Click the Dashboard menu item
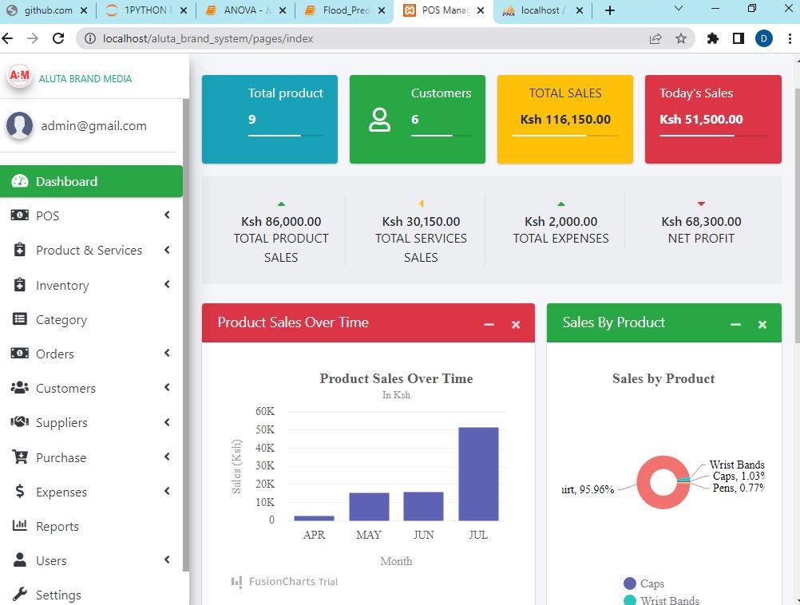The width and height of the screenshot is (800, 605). click(x=66, y=181)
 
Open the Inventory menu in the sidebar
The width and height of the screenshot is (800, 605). click(x=62, y=285)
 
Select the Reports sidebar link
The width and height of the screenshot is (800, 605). click(x=57, y=526)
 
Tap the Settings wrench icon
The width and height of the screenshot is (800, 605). click(x=21, y=595)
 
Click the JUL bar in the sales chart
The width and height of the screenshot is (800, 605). click(x=478, y=474)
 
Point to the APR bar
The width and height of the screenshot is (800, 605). click(x=314, y=518)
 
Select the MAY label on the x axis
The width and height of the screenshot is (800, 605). click(x=369, y=535)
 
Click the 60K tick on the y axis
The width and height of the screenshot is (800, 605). click(x=265, y=411)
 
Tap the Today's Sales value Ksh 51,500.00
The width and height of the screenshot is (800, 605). click(x=701, y=120)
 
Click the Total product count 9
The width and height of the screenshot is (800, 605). click(x=252, y=120)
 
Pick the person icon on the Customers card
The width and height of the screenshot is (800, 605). click(x=379, y=119)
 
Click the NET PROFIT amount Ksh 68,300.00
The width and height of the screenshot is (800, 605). click(x=701, y=221)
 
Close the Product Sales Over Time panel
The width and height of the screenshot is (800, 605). click(x=516, y=324)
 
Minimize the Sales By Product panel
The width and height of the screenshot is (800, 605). click(x=735, y=324)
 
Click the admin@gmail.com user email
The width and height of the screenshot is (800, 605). click(x=93, y=125)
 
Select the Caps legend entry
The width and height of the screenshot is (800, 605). click(x=651, y=583)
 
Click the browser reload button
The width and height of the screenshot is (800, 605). click(x=58, y=38)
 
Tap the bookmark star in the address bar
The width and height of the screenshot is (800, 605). click(x=681, y=38)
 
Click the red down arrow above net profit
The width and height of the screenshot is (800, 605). click(x=701, y=204)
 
